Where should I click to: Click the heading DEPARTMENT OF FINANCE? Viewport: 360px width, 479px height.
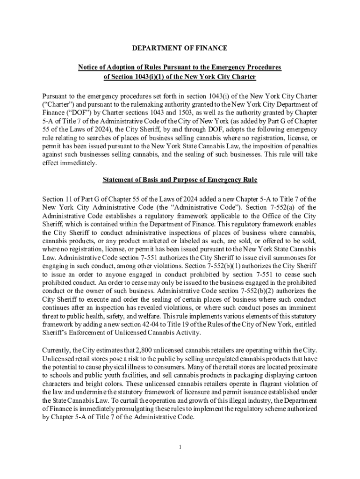(180, 48)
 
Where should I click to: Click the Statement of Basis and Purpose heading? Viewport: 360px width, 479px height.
(180, 180)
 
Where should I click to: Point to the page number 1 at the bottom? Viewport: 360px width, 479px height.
(180, 447)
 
